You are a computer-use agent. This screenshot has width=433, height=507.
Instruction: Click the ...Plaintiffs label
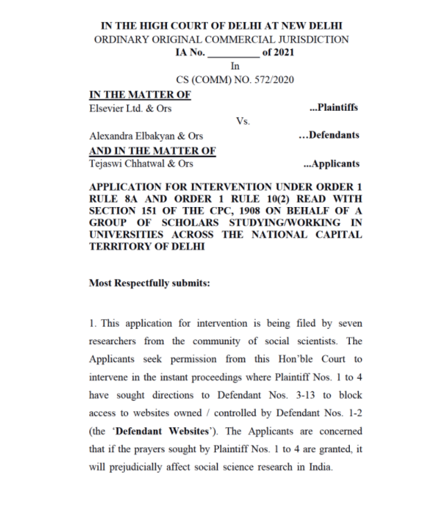333,108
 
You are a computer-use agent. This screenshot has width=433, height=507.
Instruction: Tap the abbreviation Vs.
242,121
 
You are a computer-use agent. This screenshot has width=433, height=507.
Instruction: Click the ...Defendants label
328,135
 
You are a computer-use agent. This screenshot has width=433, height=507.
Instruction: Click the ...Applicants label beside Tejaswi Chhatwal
331,163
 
